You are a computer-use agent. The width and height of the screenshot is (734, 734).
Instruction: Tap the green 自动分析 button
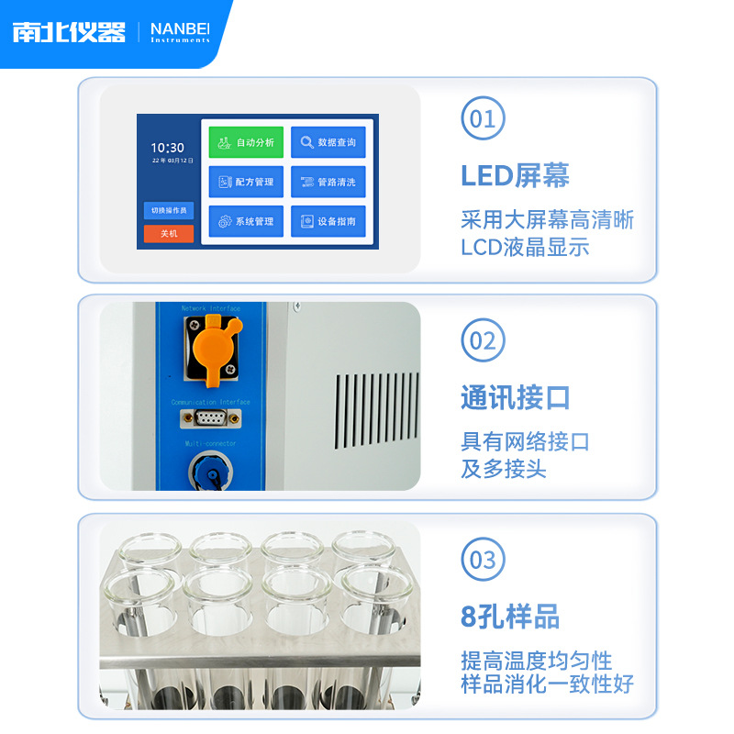pos(246,143)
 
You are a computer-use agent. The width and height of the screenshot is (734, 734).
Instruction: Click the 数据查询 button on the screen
pos(328,143)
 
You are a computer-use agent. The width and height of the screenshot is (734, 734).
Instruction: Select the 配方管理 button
pos(246,182)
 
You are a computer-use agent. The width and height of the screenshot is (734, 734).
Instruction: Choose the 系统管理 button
pos(246,221)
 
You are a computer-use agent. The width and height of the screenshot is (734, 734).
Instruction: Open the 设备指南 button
pos(328,221)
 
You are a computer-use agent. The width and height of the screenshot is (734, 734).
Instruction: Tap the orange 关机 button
pos(169,234)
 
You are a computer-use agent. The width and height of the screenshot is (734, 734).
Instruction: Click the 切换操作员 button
pos(169,210)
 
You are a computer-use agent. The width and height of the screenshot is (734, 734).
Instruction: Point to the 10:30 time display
pos(167,147)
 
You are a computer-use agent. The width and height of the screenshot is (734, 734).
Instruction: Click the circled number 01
pos(483,118)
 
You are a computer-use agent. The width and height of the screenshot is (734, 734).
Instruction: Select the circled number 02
pos(483,340)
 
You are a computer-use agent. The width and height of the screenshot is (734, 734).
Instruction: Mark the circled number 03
pos(483,560)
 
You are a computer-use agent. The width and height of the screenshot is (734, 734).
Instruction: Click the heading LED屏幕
pos(515,175)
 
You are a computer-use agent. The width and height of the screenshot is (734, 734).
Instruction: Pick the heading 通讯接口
pos(516,397)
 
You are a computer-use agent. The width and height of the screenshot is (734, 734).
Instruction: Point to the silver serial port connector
pos(211,419)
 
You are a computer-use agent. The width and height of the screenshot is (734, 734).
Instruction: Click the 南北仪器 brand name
pos(69,32)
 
